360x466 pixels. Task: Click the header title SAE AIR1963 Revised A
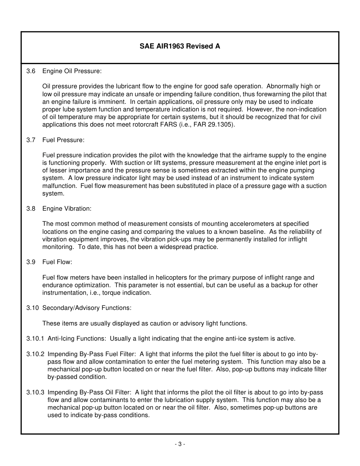(x=180, y=46)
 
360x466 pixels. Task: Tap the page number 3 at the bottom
(x=180, y=444)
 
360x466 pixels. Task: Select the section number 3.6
(x=31, y=71)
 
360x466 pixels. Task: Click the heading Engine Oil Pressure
(x=72, y=71)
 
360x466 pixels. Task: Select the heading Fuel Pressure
(x=63, y=140)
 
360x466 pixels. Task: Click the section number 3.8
(x=31, y=209)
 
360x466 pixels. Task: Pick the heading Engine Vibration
(x=67, y=209)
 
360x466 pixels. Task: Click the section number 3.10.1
(x=35, y=339)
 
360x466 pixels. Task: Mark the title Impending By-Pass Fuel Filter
(x=91, y=354)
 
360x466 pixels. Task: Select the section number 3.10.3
(x=35, y=393)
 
